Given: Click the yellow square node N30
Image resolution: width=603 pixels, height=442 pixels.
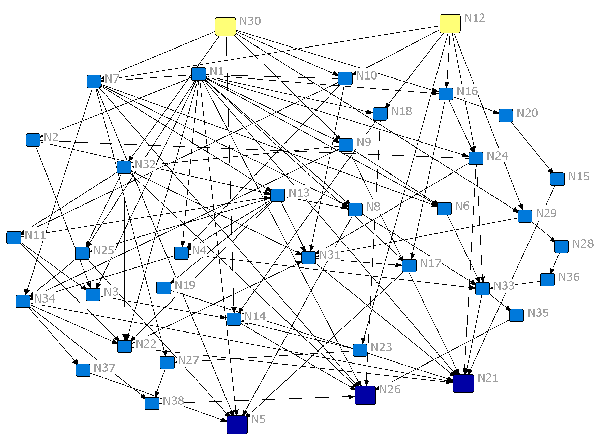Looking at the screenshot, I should pos(225,27).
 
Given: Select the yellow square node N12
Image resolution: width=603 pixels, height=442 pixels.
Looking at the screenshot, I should pos(450,24).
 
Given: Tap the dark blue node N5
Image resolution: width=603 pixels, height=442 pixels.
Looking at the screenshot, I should pos(237,424).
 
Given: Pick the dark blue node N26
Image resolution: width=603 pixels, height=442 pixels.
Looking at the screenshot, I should pos(365,395).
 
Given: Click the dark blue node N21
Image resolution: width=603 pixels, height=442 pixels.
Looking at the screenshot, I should pos(463,383).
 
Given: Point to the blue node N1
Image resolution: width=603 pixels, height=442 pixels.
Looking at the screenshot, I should pos(199,74).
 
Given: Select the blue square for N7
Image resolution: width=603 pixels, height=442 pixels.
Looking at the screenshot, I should pos(94,81).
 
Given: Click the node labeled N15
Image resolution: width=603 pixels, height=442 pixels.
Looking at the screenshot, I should pos(557,179).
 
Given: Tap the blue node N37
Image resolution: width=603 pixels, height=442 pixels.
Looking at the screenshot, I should pos(83,370).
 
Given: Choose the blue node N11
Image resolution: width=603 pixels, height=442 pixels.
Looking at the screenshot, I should pos(14,238).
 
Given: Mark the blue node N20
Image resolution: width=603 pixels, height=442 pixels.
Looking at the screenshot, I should pos(506,116).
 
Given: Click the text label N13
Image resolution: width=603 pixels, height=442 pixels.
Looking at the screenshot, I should pos(299,193).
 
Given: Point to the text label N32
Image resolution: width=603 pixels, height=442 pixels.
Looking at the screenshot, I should pos(145,164).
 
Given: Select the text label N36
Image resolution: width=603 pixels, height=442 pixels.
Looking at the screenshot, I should pos(569,277).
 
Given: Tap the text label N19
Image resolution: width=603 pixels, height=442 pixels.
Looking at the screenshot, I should pos(185,285).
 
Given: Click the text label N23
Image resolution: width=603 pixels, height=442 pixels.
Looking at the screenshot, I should pos(381,347).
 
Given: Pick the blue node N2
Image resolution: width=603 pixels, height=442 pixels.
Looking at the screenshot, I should pos(33,140).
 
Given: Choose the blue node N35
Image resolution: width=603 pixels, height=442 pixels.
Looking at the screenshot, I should pos(516,315).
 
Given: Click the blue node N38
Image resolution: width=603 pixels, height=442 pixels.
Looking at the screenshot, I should pos(152,403).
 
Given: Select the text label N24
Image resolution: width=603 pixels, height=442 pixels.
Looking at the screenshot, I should pos(497,156).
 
